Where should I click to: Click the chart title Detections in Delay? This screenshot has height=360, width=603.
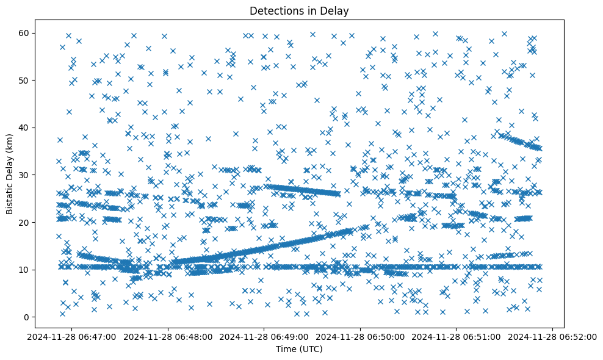(x=298, y=10)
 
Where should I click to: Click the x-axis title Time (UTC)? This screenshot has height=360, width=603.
(x=298, y=349)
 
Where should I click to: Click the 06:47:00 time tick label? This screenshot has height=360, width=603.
(x=73, y=336)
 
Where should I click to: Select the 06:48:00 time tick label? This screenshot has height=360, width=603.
(x=168, y=336)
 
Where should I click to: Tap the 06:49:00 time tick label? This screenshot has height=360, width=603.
(x=264, y=336)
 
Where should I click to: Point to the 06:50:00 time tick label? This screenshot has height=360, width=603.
(x=360, y=336)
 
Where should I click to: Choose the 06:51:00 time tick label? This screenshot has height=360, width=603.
(x=456, y=336)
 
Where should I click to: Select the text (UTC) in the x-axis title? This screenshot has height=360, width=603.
(x=311, y=349)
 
